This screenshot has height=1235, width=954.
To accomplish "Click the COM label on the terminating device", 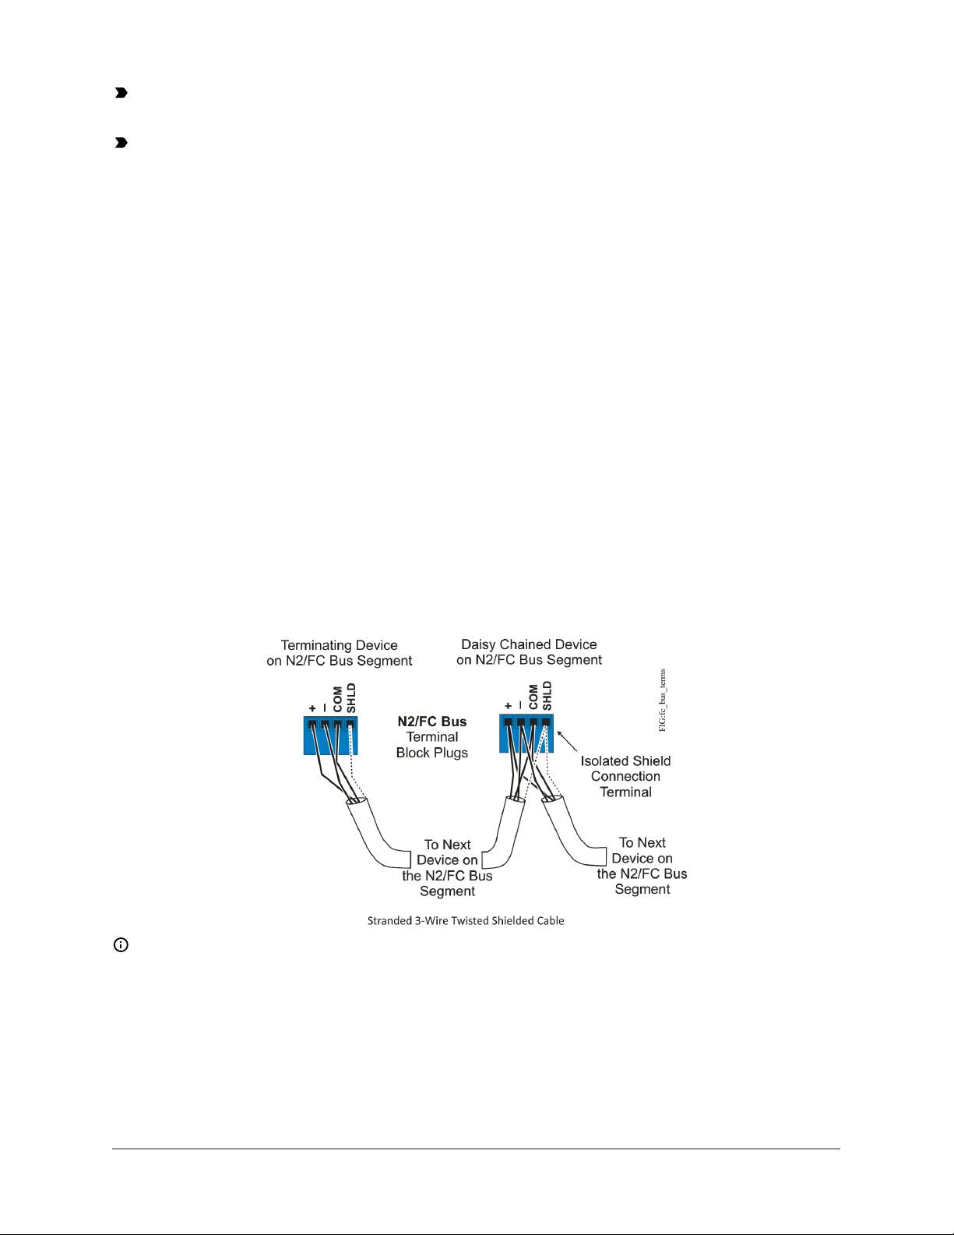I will (338, 699).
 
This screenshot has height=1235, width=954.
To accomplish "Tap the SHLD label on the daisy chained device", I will (547, 696).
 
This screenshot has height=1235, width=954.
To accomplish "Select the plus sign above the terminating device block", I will (312, 708).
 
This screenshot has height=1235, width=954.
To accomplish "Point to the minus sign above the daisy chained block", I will (520, 706).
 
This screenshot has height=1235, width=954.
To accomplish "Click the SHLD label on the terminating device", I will (351, 697).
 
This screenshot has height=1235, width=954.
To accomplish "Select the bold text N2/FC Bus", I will (432, 722).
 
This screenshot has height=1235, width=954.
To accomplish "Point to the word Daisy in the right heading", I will (478, 644).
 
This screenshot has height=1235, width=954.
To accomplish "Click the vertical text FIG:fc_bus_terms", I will (662, 700).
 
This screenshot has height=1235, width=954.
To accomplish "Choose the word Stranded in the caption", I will (389, 920).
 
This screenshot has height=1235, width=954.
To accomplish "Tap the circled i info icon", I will (121, 945).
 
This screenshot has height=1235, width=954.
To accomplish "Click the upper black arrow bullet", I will (121, 93).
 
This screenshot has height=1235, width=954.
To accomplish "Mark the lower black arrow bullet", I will (121, 143).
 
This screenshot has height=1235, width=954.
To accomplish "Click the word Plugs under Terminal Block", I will (452, 753).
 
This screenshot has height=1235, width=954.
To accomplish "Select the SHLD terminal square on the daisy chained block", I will (546, 722).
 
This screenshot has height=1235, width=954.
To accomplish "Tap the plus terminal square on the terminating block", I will (312, 724).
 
